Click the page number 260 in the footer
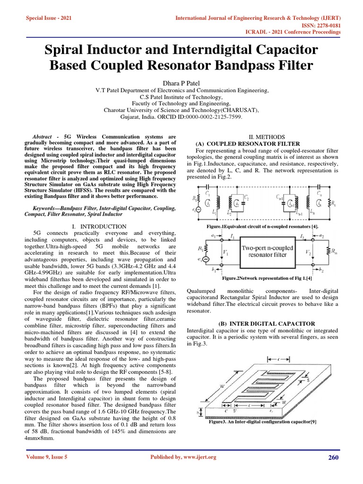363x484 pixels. pos(334,457)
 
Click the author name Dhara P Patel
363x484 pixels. pos(181,83)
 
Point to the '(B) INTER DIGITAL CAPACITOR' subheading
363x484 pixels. pos(267,323)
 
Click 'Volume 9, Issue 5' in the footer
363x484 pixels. pos(46,457)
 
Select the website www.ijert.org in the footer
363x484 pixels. pos(196,457)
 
